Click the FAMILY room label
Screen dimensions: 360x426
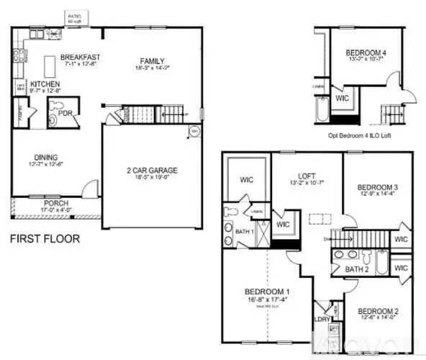153,60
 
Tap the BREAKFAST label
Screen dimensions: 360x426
79,57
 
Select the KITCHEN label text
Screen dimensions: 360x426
45,83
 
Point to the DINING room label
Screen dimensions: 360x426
46,157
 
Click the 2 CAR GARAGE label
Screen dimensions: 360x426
152,171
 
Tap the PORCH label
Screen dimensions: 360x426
55,204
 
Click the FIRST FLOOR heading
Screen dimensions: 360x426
45,238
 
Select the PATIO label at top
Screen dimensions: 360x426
74,15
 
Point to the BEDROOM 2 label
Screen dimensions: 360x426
379,310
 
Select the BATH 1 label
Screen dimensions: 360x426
245,231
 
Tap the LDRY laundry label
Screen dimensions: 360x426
323,318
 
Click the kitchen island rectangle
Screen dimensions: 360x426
51,66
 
